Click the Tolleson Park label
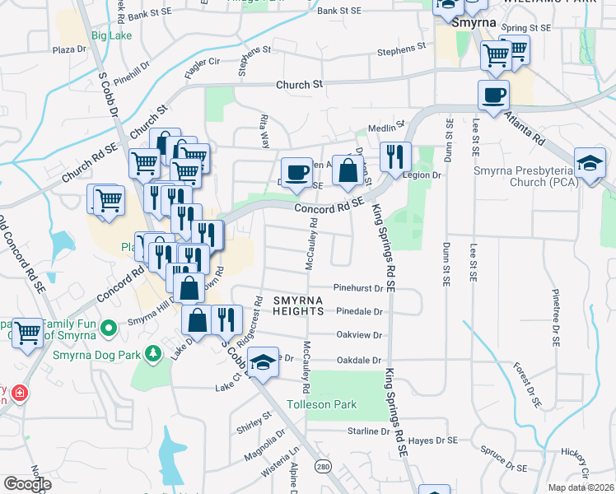pyautogui.click(x=322, y=404)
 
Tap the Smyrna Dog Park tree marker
pyautogui.click(x=152, y=353)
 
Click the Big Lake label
pyautogui.click(x=111, y=35)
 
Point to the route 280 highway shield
pyautogui.click(x=322, y=466)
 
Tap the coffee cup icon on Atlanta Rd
pyautogui.click(x=493, y=95)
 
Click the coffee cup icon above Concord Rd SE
pyautogui.click(x=296, y=172)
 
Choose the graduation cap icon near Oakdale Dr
pyautogui.click(x=262, y=363)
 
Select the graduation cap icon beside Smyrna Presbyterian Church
pyautogui.click(x=590, y=162)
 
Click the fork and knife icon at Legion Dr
pyautogui.click(x=395, y=156)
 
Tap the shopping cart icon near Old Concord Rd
pyautogui.click(x=27, y=333)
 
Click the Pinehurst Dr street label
pyautogui.click(x=359, y=288)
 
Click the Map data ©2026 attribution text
pyautogui.click(x=581, y=487)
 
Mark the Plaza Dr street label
pyautogui.click(x=69, y=49)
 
